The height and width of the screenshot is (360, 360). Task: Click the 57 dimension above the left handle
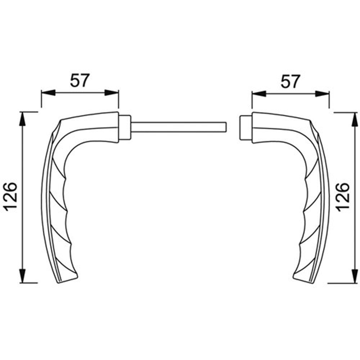[x=79, y=80]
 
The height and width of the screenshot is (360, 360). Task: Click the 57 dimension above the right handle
[x=290, y=81]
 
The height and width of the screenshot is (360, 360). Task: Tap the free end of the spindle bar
[x=227, y=127]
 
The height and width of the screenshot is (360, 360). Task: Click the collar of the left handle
[x=125, y=127]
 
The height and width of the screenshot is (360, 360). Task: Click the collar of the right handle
[x=246, y=128]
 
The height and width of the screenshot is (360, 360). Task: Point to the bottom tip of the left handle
[x=58, y=283]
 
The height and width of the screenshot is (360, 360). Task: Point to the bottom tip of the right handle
[x=311, y=282]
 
